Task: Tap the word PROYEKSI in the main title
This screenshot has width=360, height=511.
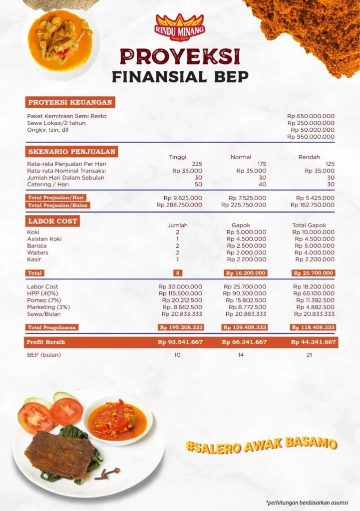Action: coord(180,56)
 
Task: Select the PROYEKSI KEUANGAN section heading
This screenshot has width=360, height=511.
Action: coord(70,102)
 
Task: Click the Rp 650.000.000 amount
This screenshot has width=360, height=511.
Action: coord(311,116)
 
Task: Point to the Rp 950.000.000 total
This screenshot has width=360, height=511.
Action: coord(311,136)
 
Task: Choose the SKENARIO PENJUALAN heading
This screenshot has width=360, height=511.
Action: coord(71,151)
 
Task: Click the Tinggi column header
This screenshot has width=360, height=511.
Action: coord(177,157)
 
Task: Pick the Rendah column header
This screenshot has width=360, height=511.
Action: coord(309,157)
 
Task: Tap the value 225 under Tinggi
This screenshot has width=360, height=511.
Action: coord(197,164)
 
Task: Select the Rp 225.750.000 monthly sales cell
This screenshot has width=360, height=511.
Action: coord(244,205)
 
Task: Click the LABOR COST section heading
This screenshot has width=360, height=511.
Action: coord(52,221)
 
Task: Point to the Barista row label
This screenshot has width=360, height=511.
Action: coord(37,246)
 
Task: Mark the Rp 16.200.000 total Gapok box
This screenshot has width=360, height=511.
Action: coord(245,273)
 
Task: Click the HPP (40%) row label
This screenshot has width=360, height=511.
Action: coord(42,293)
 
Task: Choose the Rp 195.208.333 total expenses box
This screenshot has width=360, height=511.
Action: coord(180,327)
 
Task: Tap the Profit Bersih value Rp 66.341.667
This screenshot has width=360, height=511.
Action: coord(244,342)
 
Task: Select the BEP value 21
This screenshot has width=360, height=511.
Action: coord(309,355)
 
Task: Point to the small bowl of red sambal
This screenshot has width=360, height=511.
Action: coord(117,420)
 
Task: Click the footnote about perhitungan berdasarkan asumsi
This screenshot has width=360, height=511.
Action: coord(307,502)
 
